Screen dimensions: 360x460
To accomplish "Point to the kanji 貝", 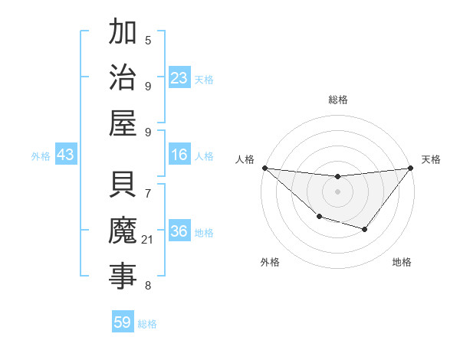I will click(x=123, y=185).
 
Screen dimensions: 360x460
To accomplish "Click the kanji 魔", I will click(x=123, y=231).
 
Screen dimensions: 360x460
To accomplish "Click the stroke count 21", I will click(x=148, y=241).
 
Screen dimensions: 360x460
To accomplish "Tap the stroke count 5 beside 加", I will click(x=148, y=41).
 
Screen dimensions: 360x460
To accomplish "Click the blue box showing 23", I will click(x=179, y=78).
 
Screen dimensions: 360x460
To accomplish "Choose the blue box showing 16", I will click(x=179, y=155).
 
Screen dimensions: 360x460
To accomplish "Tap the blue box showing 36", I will click(x=179, y=232).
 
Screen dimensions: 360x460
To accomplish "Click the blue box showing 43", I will click(x=65, y=155).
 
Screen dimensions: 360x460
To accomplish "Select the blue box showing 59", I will click(x=122, y=322).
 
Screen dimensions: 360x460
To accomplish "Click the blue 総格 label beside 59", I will click(x=147, y=324).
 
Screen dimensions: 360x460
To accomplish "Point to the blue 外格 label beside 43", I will click(x=41, y=156).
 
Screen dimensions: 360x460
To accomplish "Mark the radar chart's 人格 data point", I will click(x=264, y=168).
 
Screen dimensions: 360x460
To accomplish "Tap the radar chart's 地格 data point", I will click(x=365, y=229).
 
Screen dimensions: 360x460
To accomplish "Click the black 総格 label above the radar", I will click(x=338, y=100).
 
